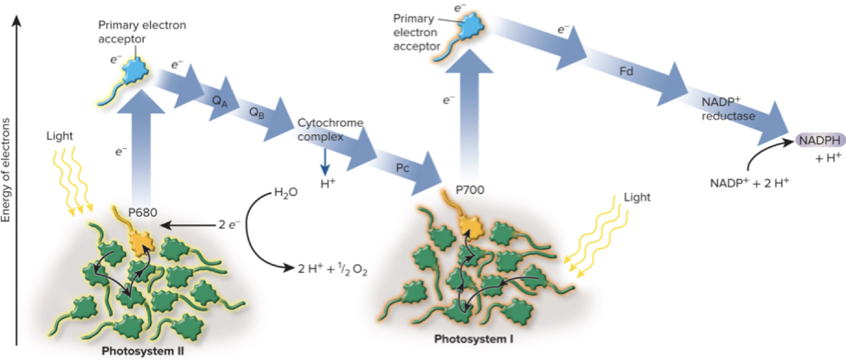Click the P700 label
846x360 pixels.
[x=470, y=190]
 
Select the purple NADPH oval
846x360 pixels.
[x=820, y=141]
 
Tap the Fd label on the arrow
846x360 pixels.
[x=625, y=72]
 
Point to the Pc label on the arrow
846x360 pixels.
[x=402, y=168]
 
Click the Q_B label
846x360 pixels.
[x=257, y=113]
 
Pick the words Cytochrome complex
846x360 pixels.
[x=330, y=130]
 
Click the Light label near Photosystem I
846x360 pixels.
[x=637, y=197]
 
